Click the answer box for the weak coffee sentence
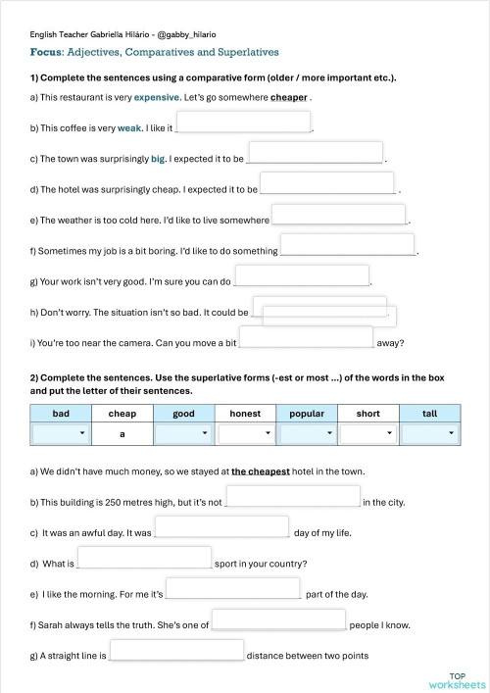pyautogui.click(x=243, y=123)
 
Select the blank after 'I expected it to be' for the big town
pyautogui.click(x=316, y=153)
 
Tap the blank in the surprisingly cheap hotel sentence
pyautogui.click(x=327, y=183)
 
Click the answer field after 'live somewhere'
pyautogui.click(x=338, y=215)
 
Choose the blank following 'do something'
pyautogui.click(x=348, y=246)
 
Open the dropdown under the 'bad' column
pyautogui.click(x=61, y=433)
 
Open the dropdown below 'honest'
pyautogui.click(x=244, y=433)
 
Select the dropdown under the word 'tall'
pyautogui.click(x=428, y=433)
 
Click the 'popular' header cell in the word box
pyautogui.click(x=306, y=414)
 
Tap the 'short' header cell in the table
pyautogui.click(x=367, y=414)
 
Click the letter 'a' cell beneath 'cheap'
pyautogui.click(x=122, y=433)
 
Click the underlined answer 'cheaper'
pyautogui.click(x=289, y=98)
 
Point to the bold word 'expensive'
pyautogui.click(x=157, y=98)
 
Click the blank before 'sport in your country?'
pyautogui.click(x=144, y=558)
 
